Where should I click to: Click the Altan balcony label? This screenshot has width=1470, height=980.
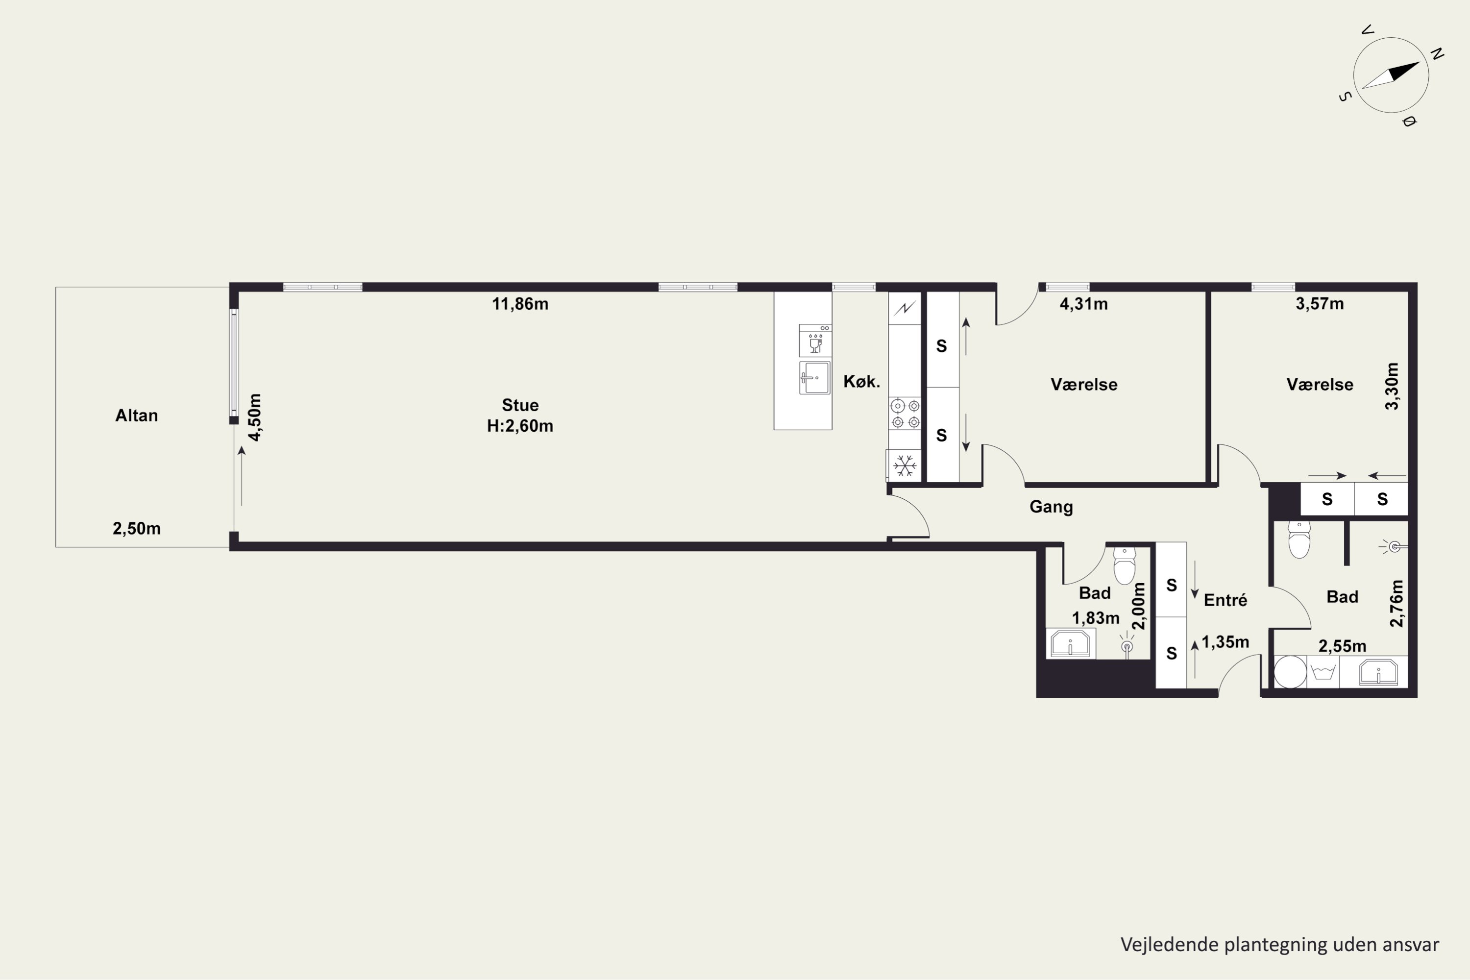[136, 416]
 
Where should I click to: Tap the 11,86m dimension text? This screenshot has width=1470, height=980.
[520, 304]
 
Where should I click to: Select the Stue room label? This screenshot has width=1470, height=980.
[520, 405]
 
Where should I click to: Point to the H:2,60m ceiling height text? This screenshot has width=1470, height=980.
[520, 426]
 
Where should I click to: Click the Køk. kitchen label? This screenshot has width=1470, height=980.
[862, 381]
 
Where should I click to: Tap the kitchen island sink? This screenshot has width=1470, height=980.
[815, 377]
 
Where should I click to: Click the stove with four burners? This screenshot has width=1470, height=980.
[905, 414]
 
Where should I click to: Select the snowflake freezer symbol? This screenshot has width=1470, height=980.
[905, 465]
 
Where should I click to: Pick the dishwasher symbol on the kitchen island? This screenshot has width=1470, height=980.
[815, 341]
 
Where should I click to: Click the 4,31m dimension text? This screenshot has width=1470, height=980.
[1084, 304]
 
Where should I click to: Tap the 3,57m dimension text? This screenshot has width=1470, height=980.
[1320, 304]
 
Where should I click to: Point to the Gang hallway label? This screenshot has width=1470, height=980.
[1051, 507]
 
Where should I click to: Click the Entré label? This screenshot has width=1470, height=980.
[1225, 600]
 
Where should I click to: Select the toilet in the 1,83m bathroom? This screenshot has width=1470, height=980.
[1125, 565]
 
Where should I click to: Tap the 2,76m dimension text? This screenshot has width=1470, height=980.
[1396, 603]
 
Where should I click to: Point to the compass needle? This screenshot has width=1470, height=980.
[1391, 75]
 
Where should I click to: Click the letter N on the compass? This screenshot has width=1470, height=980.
[1437, 54]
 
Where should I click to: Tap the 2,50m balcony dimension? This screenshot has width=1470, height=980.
[136, 529]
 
